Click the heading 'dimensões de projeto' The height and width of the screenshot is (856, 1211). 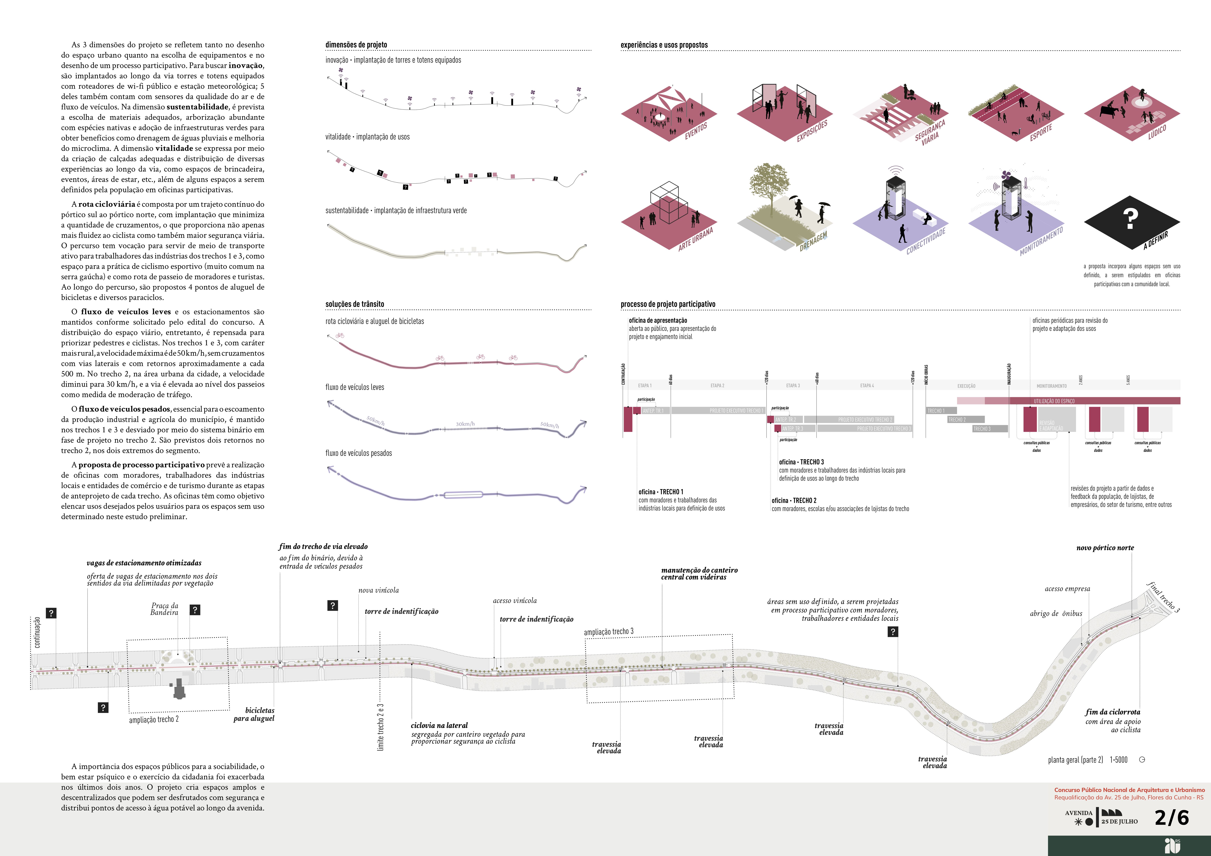356,45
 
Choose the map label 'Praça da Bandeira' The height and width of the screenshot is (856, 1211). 165,609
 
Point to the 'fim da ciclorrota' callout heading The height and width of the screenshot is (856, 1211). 1112,712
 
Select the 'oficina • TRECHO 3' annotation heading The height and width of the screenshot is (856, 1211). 801,462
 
